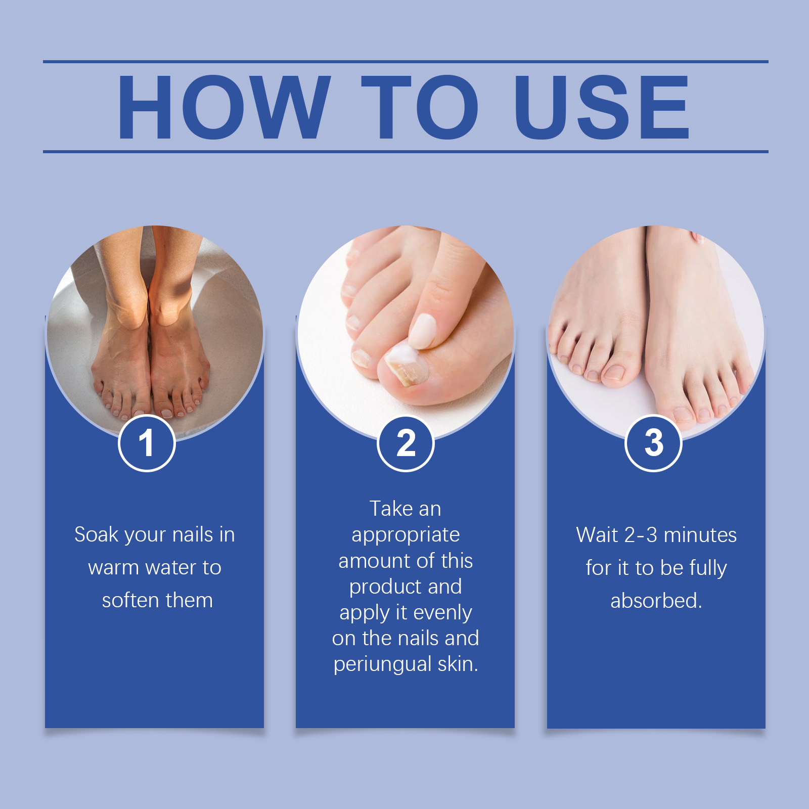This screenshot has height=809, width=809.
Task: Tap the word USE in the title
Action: tap(602, 107)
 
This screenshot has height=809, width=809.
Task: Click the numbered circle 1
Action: tap(147, 443)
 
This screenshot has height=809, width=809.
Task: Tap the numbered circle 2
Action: tap(406, 443)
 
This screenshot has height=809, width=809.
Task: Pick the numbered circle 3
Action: tap(654, 443)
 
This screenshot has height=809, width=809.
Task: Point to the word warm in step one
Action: tap(114, 567)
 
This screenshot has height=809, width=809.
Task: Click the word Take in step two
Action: tap(391, 509)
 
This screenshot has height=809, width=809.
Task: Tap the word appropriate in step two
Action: tap(406, 535)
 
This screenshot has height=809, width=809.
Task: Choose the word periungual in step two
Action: tap(383, 664)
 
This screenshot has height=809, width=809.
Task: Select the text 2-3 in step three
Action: tap(641, 535)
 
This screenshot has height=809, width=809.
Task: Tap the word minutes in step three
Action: tap(700, 535)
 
